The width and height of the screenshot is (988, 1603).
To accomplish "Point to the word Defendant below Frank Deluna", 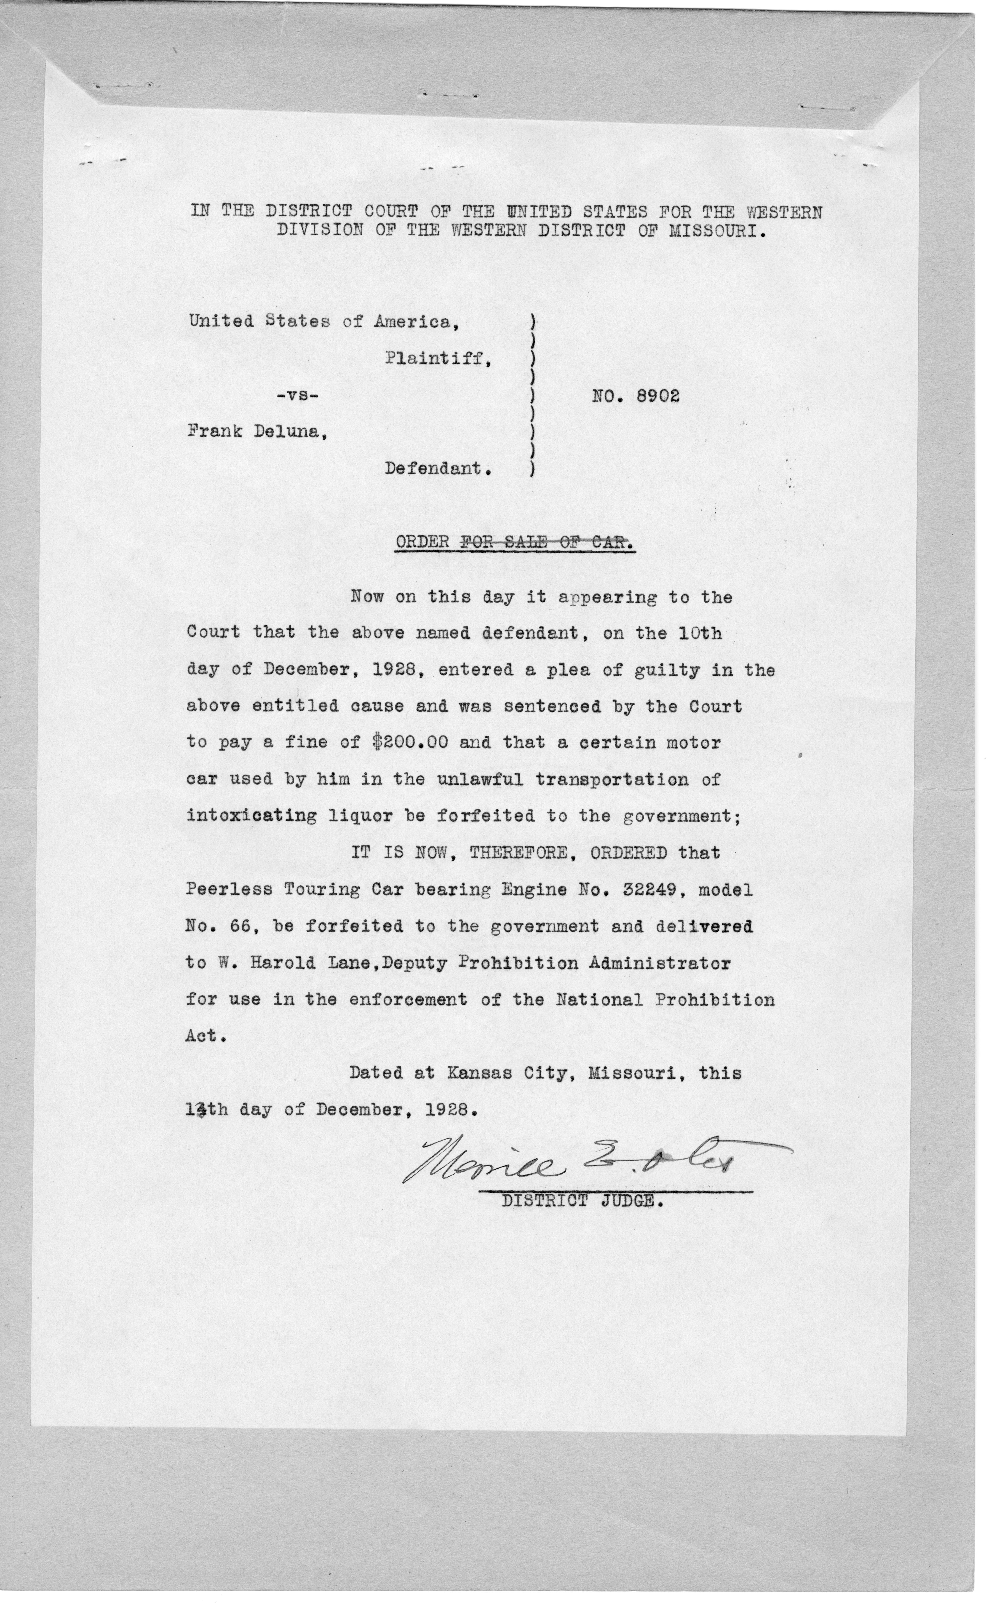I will (x=436, y=469).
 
